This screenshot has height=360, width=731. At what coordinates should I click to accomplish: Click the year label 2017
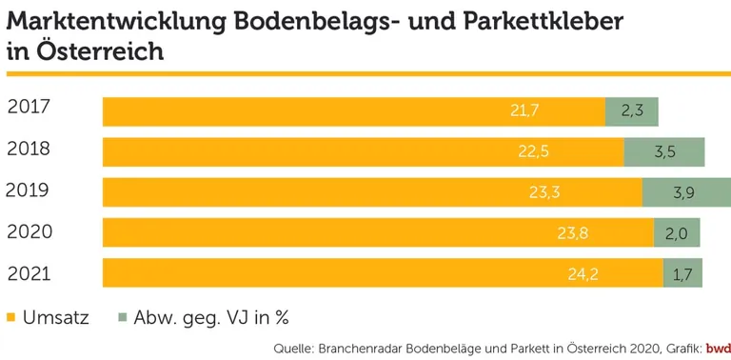click(28, 108)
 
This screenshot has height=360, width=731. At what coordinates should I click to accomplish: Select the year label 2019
click(28, 190)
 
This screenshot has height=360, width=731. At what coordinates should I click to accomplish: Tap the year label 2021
click(28, 274)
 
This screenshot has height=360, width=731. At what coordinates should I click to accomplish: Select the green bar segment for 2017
click(632, 111)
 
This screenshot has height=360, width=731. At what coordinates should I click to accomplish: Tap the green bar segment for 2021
click(682, 274)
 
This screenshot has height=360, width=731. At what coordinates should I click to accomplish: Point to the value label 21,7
click(524, 111)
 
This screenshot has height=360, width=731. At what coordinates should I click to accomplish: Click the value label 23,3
click(543, 192)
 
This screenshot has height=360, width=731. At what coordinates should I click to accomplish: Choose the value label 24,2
click(583, 274)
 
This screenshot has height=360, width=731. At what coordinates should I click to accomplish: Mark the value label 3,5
click(664, 152)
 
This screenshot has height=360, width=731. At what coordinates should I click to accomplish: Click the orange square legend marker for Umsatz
click(11, 318)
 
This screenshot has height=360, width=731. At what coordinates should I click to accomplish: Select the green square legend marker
click(121, 318)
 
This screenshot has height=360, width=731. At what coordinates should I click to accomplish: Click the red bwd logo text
click(717, 347)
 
